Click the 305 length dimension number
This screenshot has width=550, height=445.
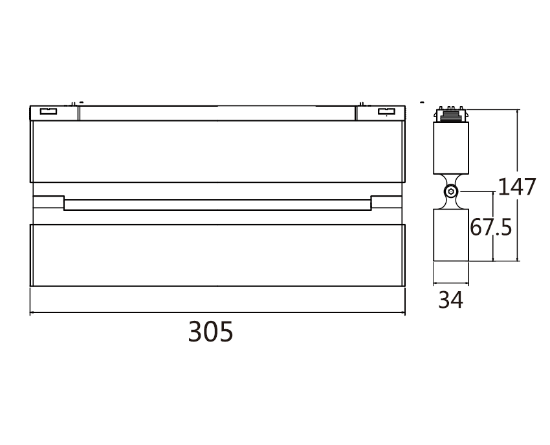pos(210,332)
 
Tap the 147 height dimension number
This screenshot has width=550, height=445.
pos(516,187)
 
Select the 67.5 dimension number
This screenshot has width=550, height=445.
pos(491,228)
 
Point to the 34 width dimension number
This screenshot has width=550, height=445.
pos(451,300)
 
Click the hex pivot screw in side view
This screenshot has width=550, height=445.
pos(451,191)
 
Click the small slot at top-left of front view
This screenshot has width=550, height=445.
pos(49,112)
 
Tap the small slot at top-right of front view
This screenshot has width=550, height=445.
pos(386,112)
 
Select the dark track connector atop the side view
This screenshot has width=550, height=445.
pos(451,114)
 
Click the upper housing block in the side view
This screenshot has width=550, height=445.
pos(451,147)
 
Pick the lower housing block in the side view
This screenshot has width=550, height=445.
pos(451,234)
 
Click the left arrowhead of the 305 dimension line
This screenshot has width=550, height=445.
pos(32,314)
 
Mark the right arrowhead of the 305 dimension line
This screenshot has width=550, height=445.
pos(402,314)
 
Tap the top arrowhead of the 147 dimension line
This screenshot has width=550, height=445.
pos(518,112)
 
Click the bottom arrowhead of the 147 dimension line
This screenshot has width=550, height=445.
pos(518,259)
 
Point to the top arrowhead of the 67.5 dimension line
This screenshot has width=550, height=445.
pos(493,193)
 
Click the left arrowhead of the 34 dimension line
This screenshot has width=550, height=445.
pos(435,283)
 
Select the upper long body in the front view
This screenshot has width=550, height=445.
pos(217,151)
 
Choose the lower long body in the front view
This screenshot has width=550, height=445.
pos(217,255)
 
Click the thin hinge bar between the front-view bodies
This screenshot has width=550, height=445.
pos(217,204)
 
